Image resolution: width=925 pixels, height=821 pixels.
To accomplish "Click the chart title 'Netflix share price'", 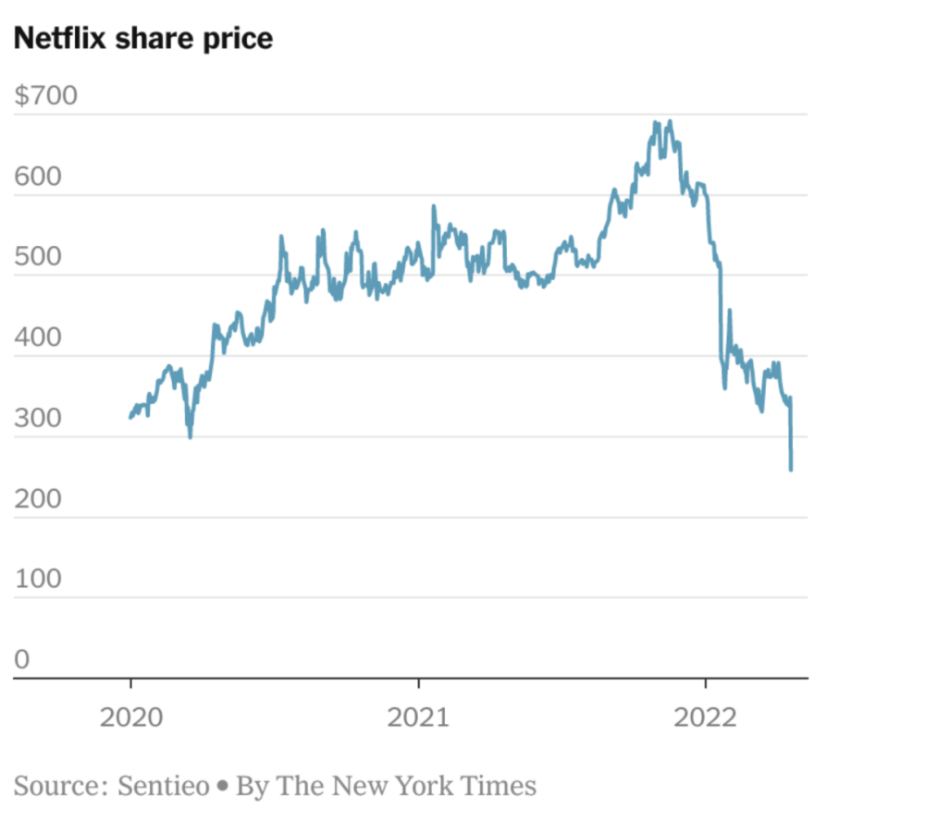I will (143, 39).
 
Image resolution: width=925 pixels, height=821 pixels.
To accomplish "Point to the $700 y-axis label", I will (46, 96).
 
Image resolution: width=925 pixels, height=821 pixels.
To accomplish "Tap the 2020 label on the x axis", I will (130, 717).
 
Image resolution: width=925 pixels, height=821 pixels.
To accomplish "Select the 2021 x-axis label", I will (419, 717).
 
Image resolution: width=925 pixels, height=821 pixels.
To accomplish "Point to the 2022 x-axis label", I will (706, 717).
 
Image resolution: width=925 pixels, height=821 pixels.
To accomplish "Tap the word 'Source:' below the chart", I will (60, 787).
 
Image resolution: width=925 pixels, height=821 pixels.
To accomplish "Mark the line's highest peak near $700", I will (669, 121).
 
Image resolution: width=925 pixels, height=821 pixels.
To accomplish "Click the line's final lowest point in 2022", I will (791, 470).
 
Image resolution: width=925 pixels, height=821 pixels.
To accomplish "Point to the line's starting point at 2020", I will (130, 418).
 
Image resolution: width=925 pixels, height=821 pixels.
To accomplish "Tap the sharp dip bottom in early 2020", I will (191, 436).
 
